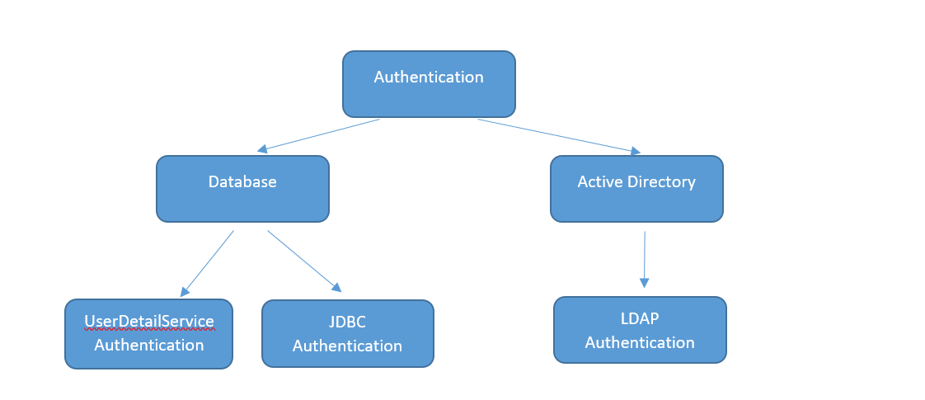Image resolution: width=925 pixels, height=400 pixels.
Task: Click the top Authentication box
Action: click(429, 84)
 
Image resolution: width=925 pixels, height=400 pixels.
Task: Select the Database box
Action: click(242, 189)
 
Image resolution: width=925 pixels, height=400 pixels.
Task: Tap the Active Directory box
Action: click(636, 189)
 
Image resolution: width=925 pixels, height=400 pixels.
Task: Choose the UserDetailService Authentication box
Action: click(148, 333)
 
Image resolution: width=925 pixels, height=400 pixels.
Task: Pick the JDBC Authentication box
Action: click(347, 333)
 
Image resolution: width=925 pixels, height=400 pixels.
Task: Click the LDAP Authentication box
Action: click(640, 330)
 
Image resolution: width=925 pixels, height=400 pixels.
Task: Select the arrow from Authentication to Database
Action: click(318, 135)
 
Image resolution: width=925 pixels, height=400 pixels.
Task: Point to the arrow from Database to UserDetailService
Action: click(207, 263)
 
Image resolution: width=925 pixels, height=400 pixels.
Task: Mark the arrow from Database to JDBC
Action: click(303, 261)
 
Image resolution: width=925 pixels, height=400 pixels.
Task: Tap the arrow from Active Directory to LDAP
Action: click(644, 259)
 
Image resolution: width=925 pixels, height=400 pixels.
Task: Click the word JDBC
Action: click(347, 322)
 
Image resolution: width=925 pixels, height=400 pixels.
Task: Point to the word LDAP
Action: click(640, 318)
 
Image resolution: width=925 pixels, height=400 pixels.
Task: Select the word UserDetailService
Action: click(149, 321)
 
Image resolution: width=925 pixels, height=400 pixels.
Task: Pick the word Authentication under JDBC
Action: click(347, 346)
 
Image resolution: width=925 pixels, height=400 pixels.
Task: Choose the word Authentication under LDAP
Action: click(640, 342)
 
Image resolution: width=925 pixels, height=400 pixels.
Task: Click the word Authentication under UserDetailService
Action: click(149, 345)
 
